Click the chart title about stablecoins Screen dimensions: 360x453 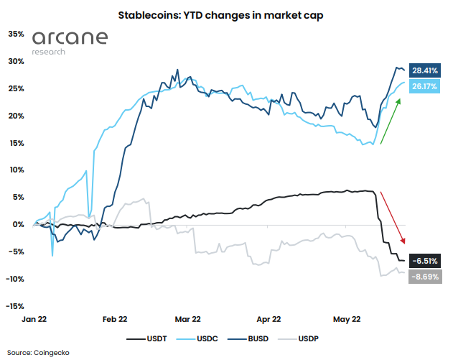click(x=227, y=14)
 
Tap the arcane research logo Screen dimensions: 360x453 click(x=70, y=42)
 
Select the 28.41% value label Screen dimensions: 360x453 click(x=424, y=70)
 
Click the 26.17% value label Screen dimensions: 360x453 click(x=424, y=86)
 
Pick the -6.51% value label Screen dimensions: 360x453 click(x=424, y=261)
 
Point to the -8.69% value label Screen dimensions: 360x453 click(x=424, y=276)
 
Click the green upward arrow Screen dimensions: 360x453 click(x=391, y=121)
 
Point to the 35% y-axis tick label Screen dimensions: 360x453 click(x=16, y=34)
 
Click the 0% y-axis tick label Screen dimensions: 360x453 click(x=18, y=224)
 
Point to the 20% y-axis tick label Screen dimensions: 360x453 click(x=16, y=116)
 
